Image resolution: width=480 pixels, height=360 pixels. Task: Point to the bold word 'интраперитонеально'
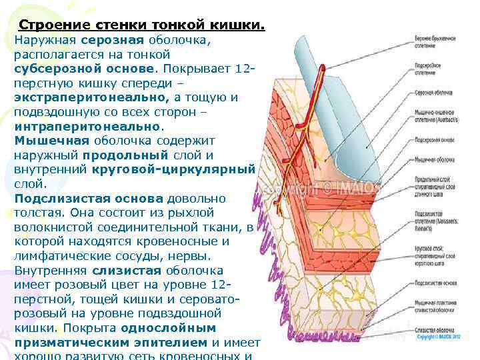coord(87,126)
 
